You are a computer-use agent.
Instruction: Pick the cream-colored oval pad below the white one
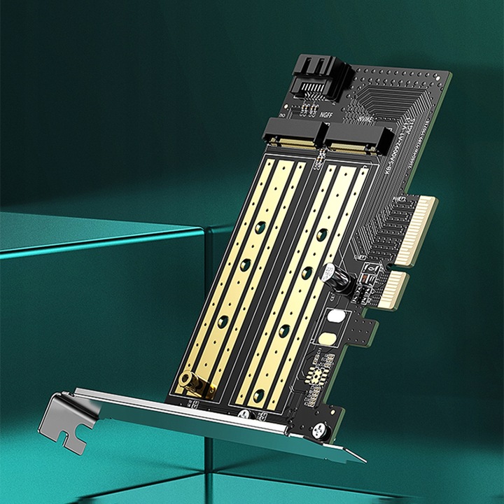click(326, 338)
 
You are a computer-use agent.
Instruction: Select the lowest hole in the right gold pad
click(259, 395)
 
